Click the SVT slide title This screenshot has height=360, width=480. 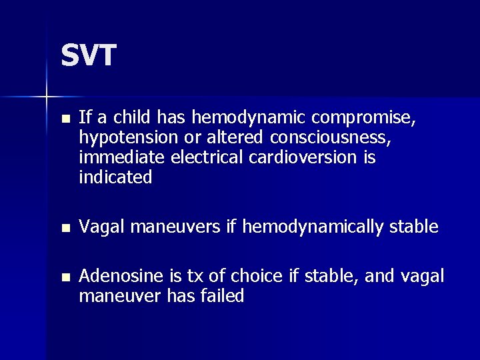click(89, 55)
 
